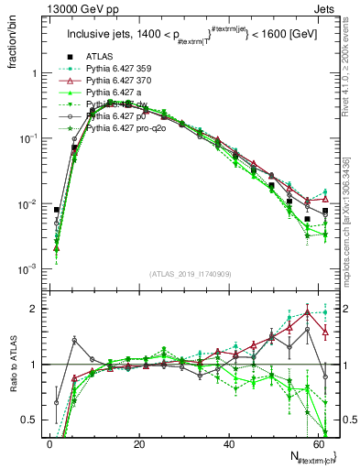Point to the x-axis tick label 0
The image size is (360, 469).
(x=49, y=444)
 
